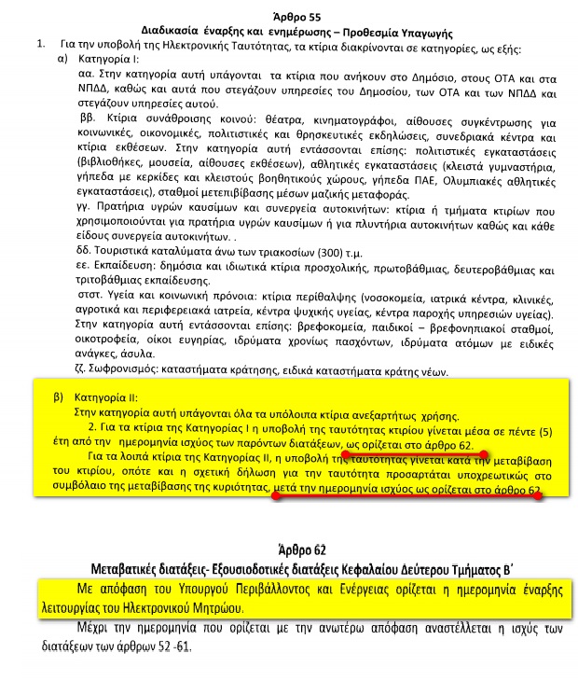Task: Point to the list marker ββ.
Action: point(84,122)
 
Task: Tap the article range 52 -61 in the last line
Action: point(170,646)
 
